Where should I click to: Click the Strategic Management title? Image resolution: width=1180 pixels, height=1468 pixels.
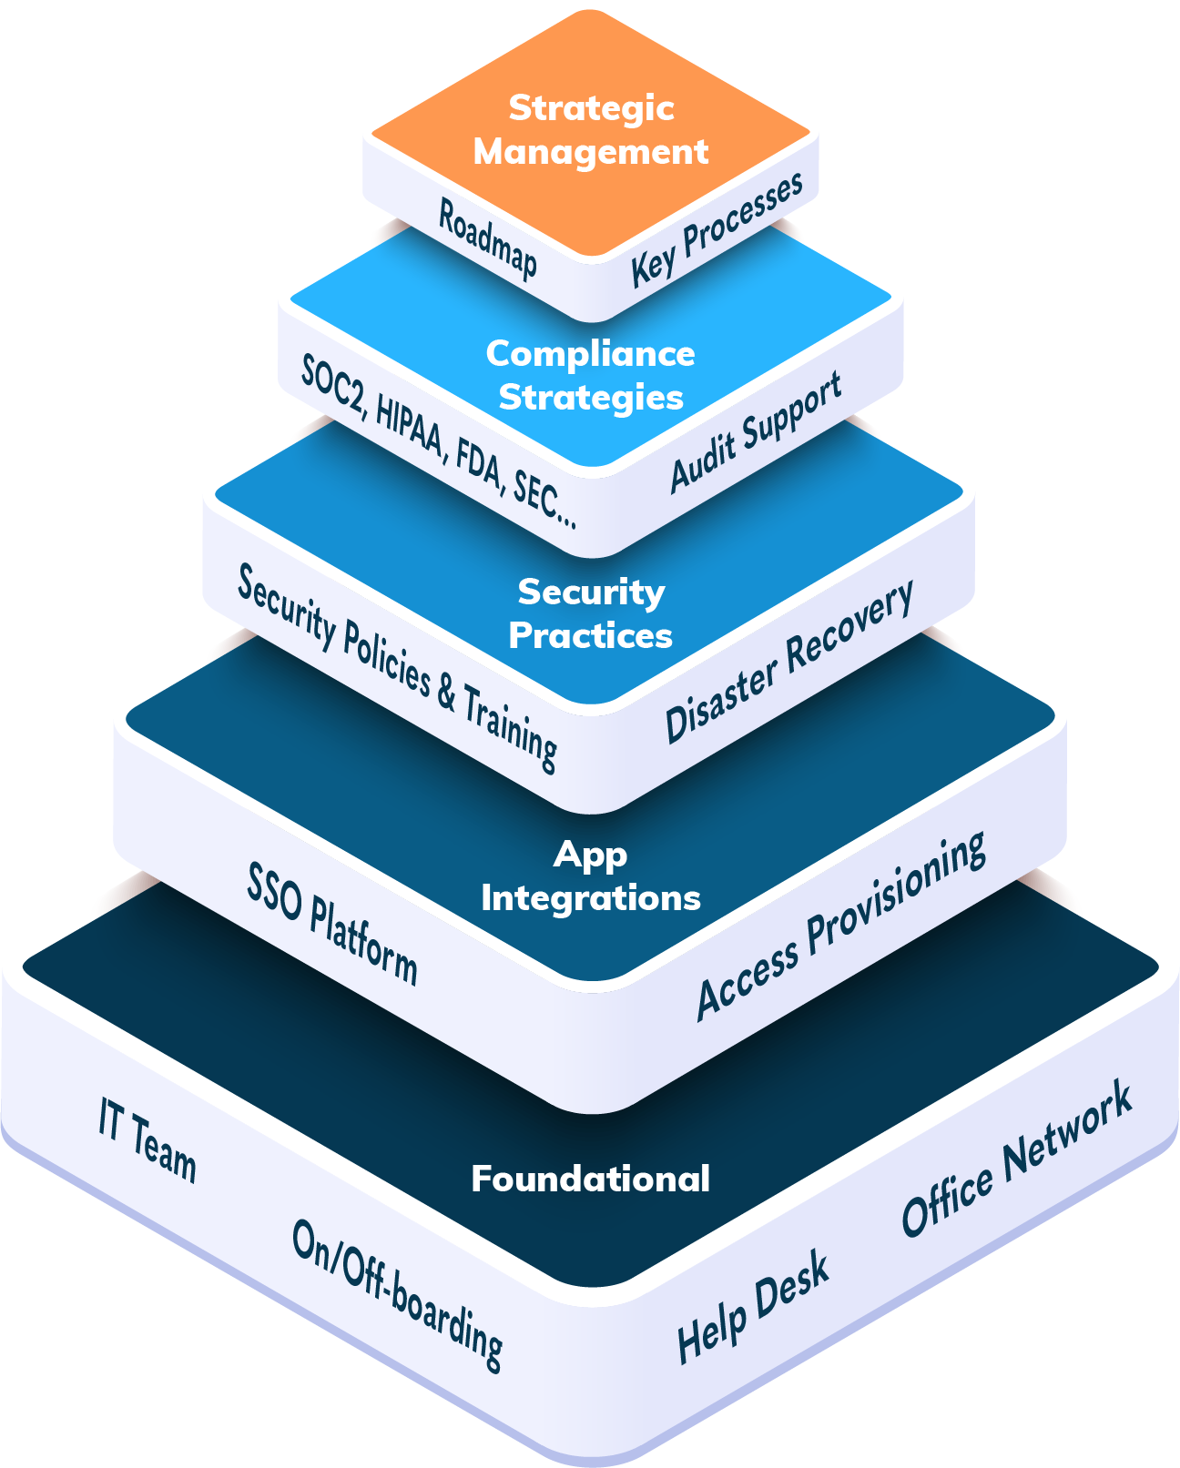[590, 129]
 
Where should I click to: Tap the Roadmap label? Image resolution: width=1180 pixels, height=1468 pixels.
[487, 238]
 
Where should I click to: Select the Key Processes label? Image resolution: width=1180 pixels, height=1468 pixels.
[717, 229]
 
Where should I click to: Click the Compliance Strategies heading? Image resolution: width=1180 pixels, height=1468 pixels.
[590, 375]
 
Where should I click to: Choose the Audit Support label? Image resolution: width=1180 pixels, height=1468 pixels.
[756, 432]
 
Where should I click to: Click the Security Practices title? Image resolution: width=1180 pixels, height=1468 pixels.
[590, 613]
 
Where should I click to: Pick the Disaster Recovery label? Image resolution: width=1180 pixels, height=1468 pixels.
[788, 662]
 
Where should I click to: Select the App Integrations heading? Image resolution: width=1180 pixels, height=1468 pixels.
[590, 876]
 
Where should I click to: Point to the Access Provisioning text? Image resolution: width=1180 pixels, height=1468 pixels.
[840, 926]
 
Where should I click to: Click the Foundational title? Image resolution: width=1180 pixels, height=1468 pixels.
[590, 1179]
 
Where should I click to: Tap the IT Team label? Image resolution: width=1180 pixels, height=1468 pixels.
[147, 1140]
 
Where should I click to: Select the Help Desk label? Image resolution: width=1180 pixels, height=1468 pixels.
[753, 1307]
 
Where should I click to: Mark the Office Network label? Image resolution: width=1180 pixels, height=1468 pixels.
[1016, 1159]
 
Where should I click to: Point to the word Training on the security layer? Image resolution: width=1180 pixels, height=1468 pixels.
[510, 728]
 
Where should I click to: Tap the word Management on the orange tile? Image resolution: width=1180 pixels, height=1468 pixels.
[590, 151]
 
